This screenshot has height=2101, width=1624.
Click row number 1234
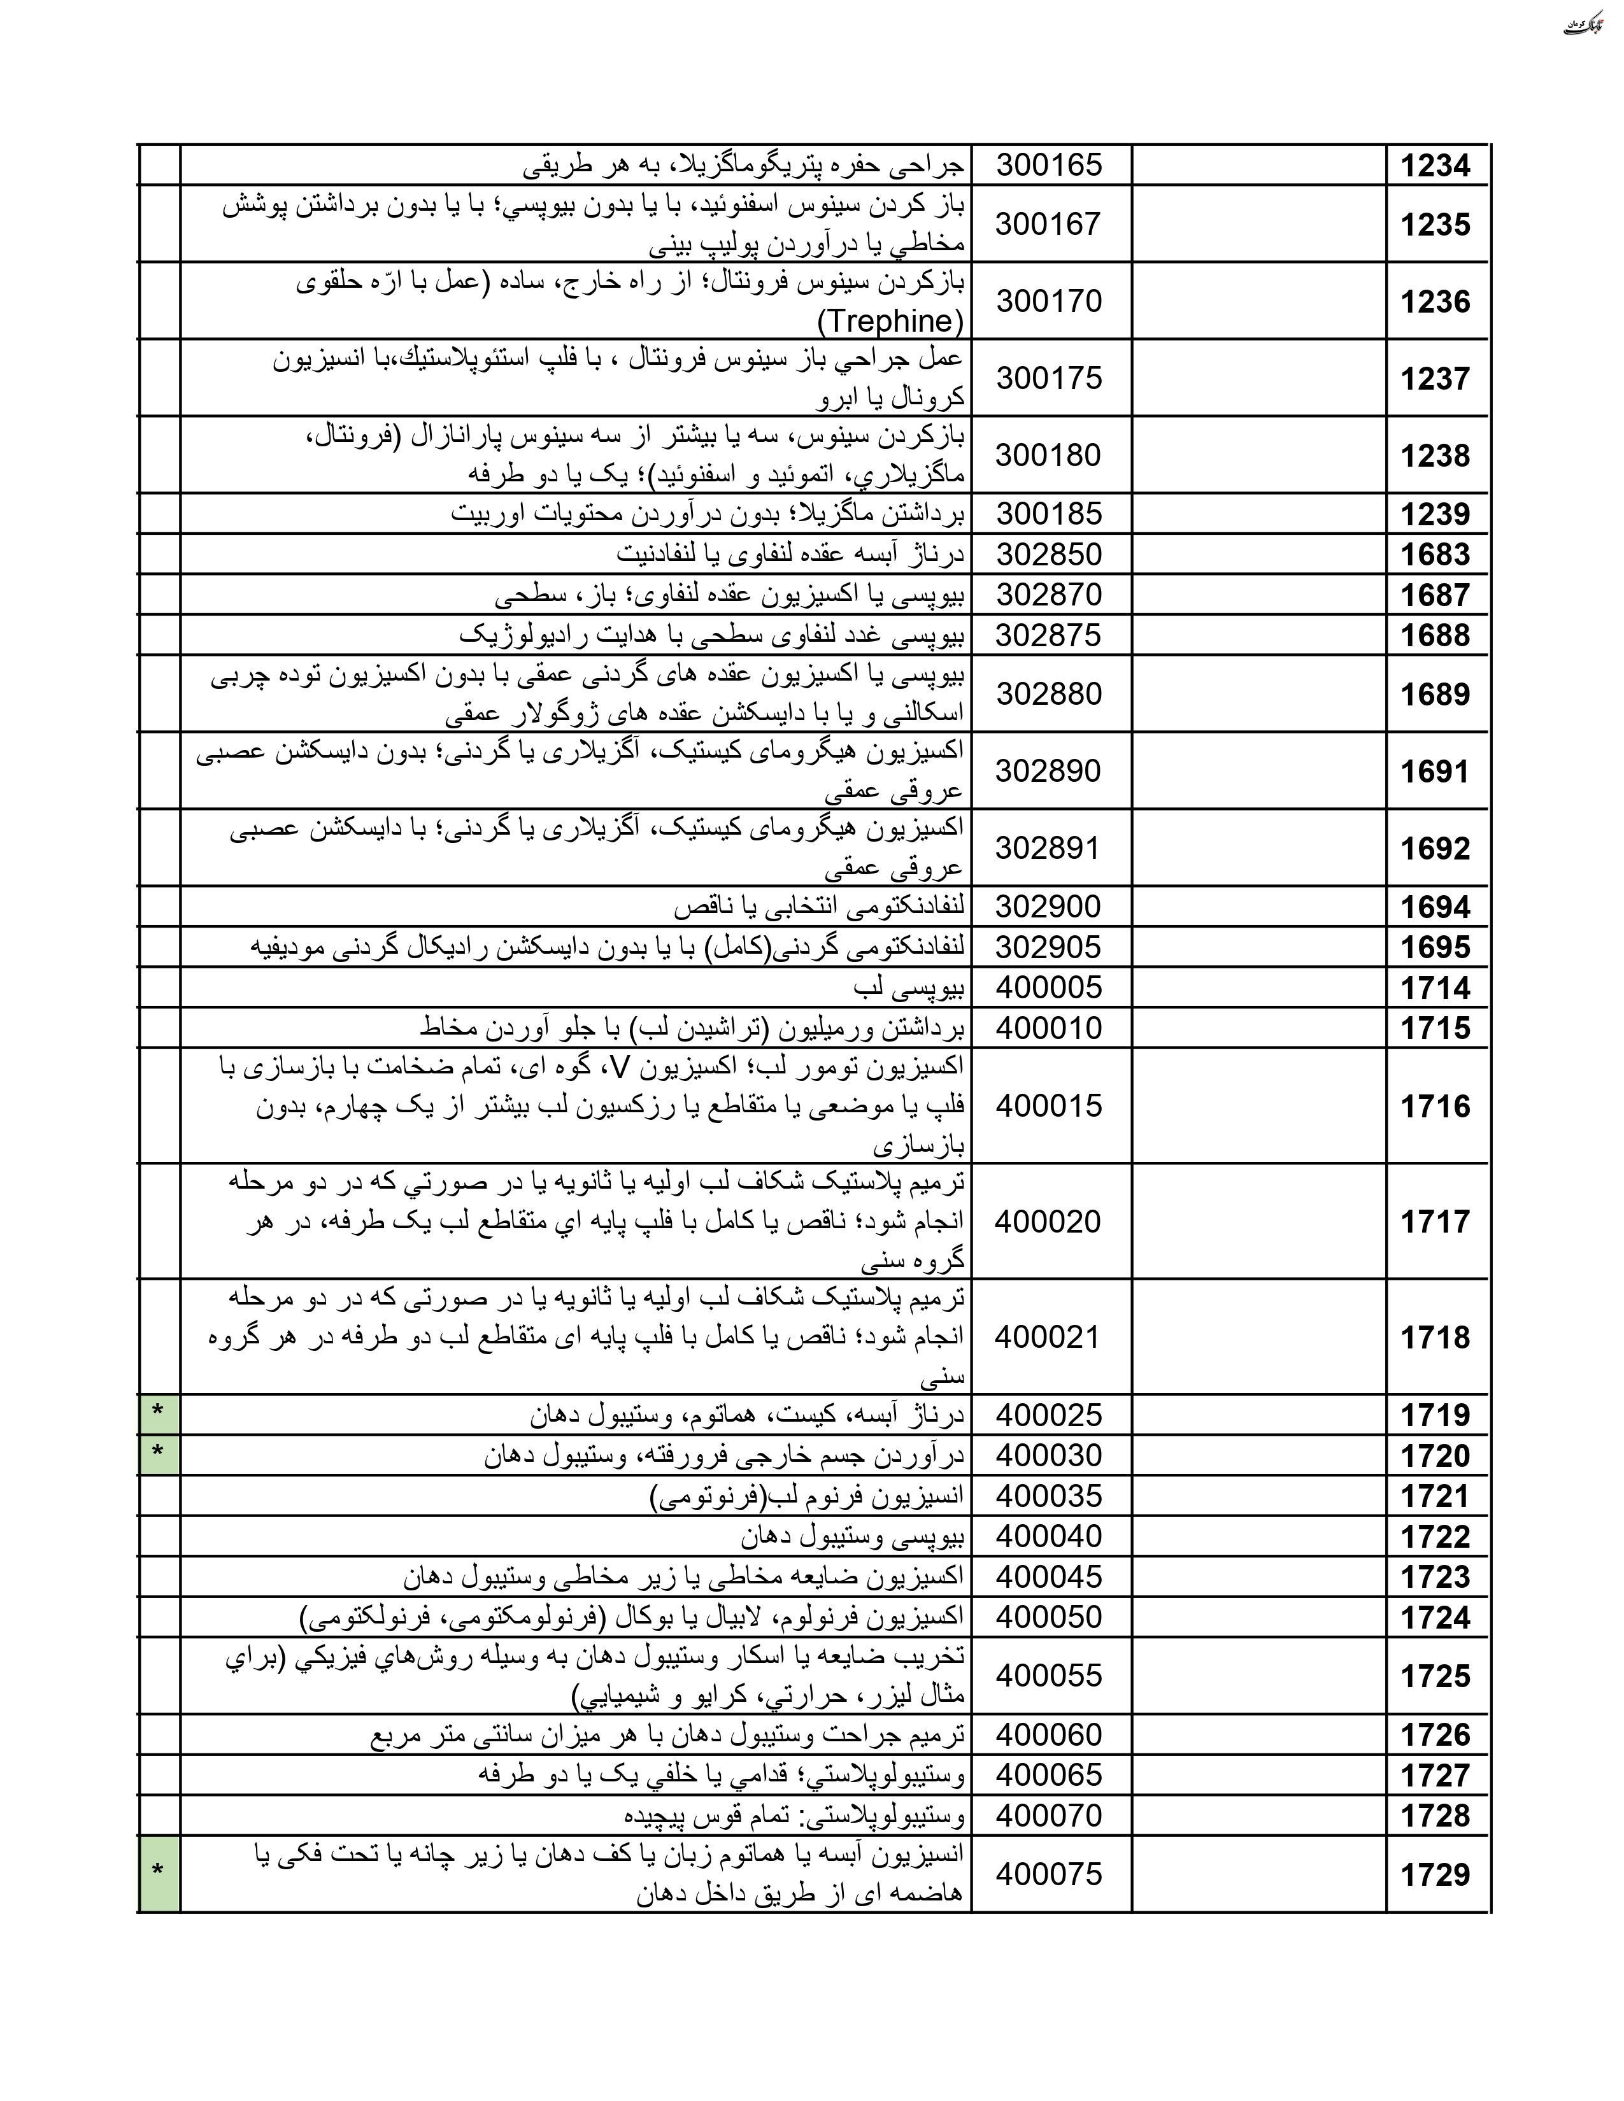(x=1434, y=166)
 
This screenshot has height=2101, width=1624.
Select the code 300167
(x=1048, y=224)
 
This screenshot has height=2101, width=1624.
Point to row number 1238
(x=1434, y=455)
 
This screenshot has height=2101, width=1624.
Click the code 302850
(x=1048, y=555)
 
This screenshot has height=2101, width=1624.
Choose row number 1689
(x=1434, y=695)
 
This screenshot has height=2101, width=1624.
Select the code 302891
(x=1047, y=849)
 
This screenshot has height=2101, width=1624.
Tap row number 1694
(x=1434, y=907)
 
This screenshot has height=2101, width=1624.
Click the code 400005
(x=1048, y=988)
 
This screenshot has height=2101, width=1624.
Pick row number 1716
(x=1434, y=1107)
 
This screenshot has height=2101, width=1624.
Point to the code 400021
(x=1047, y=1337)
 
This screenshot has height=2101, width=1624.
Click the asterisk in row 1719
(x=159, y=1413)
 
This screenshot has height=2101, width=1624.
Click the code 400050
(x=1048, y=1617)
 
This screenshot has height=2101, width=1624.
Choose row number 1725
(x=1434, y=1676)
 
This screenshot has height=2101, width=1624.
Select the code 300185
(x=1048, y=514)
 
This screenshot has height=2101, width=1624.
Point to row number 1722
(x=1434, y=1536)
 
